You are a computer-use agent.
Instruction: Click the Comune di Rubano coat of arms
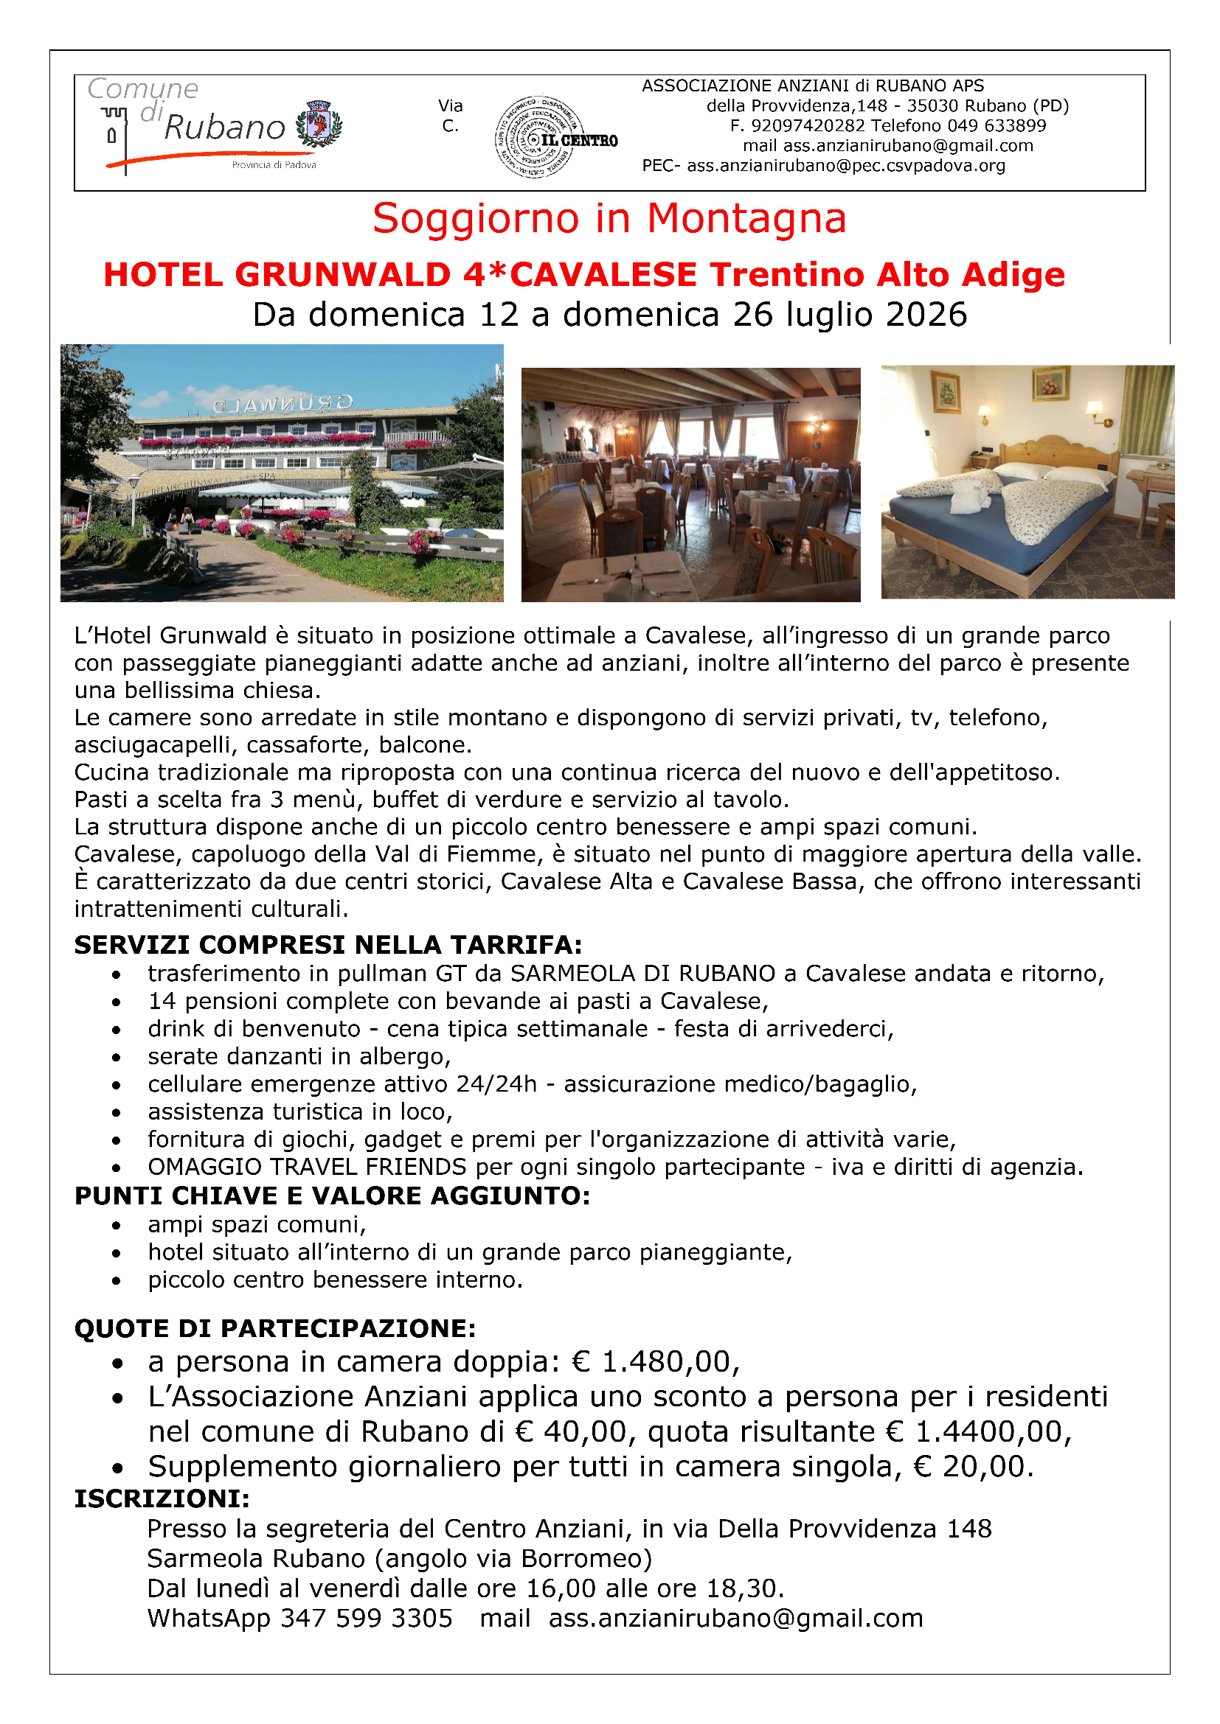pos(319,123)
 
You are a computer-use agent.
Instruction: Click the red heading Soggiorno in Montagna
pos(609,218)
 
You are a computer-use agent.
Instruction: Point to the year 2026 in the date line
pos(926,315)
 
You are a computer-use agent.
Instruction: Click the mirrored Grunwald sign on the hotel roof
pos(282,404)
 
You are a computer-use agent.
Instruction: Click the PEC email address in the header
pos(846,166)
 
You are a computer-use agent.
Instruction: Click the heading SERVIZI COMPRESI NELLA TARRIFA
pos(328,945)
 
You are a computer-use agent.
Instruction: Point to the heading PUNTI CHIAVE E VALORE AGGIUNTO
pos(332,1196)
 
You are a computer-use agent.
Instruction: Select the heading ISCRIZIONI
pos(162,1498)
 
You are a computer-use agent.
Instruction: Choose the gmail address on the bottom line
pos(735,1618)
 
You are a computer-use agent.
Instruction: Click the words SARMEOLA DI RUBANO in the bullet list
pos(643,974)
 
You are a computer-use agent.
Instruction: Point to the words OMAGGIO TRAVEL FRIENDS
pos(308,1167)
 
